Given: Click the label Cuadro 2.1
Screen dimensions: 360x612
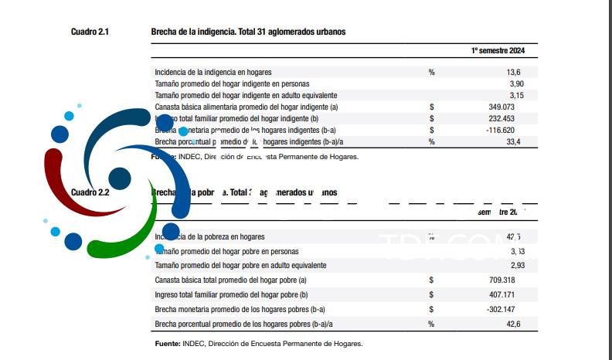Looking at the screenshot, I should tap(90, 32).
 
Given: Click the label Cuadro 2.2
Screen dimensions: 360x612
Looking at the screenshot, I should tap(90, 192).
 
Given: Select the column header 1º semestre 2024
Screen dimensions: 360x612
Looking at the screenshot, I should tap(498, 50).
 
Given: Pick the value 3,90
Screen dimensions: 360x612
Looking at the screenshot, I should tap(517, 83).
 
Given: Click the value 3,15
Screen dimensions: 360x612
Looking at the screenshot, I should tap(517, 95).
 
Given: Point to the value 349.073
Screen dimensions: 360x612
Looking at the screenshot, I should tap(508, 107).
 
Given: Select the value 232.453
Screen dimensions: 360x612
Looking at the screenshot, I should tap(508, 118).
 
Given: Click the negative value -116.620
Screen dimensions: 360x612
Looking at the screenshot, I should tap(506, 131).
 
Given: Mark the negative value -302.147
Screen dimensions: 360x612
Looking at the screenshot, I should tap(506, 309).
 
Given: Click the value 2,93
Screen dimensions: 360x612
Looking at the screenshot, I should tap(517, 265).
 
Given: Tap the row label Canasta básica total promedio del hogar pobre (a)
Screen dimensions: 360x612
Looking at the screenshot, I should tap(231, 280).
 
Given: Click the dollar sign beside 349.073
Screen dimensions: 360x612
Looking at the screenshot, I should tap(431, 107).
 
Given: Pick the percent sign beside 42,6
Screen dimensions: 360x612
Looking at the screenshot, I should tap(431, 324).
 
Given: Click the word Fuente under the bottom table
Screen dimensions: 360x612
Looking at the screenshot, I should tap(168, 344).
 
